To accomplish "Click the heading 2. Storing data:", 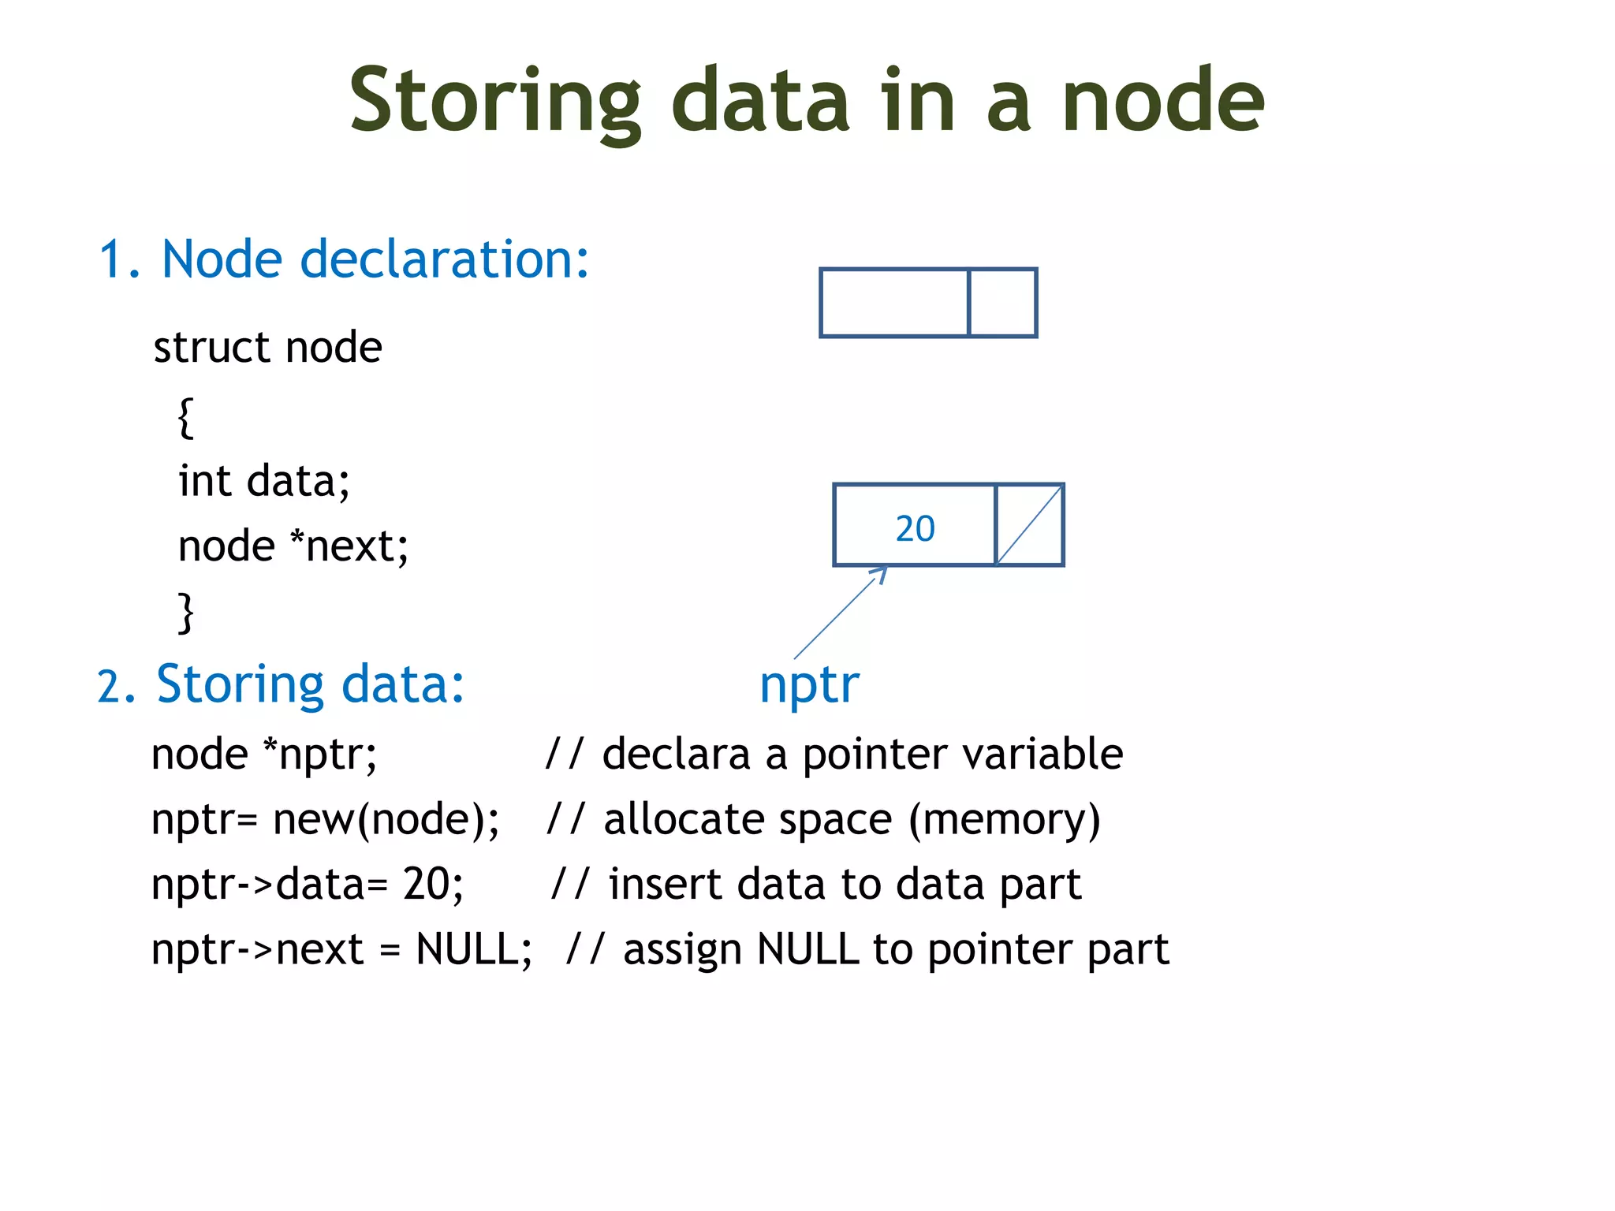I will (281, 684).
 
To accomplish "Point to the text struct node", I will (267, 347).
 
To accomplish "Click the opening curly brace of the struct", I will (185, 416).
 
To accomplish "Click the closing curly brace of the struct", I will (185, 612).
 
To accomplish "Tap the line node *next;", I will (293, 546).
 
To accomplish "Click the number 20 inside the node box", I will (915, 527).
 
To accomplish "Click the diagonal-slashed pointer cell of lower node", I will (1030, 525).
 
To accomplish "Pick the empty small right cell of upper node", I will (1002, 303).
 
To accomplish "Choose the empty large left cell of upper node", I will (894, 303).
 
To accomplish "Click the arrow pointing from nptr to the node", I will (839, 613).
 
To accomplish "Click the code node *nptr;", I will (263, 754).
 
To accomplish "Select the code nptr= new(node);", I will (325, 819).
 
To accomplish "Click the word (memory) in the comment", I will (1004, 819).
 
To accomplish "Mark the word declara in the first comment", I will (676, 754).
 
